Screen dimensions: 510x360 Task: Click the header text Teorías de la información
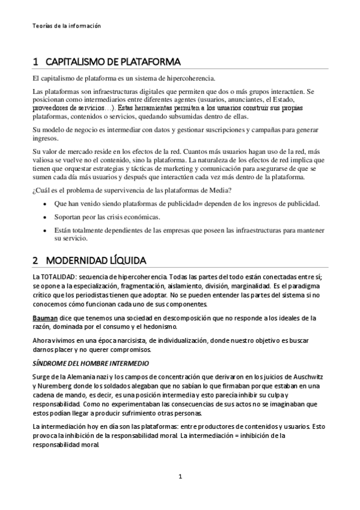[x=66, y=26]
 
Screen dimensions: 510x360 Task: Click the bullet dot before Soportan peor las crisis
[x=47, y=217]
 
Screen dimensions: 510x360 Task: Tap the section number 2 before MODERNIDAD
[x=35, y=260]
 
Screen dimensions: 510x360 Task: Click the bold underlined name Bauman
[x=46, y=318]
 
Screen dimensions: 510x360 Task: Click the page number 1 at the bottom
[x=180, y=477]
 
